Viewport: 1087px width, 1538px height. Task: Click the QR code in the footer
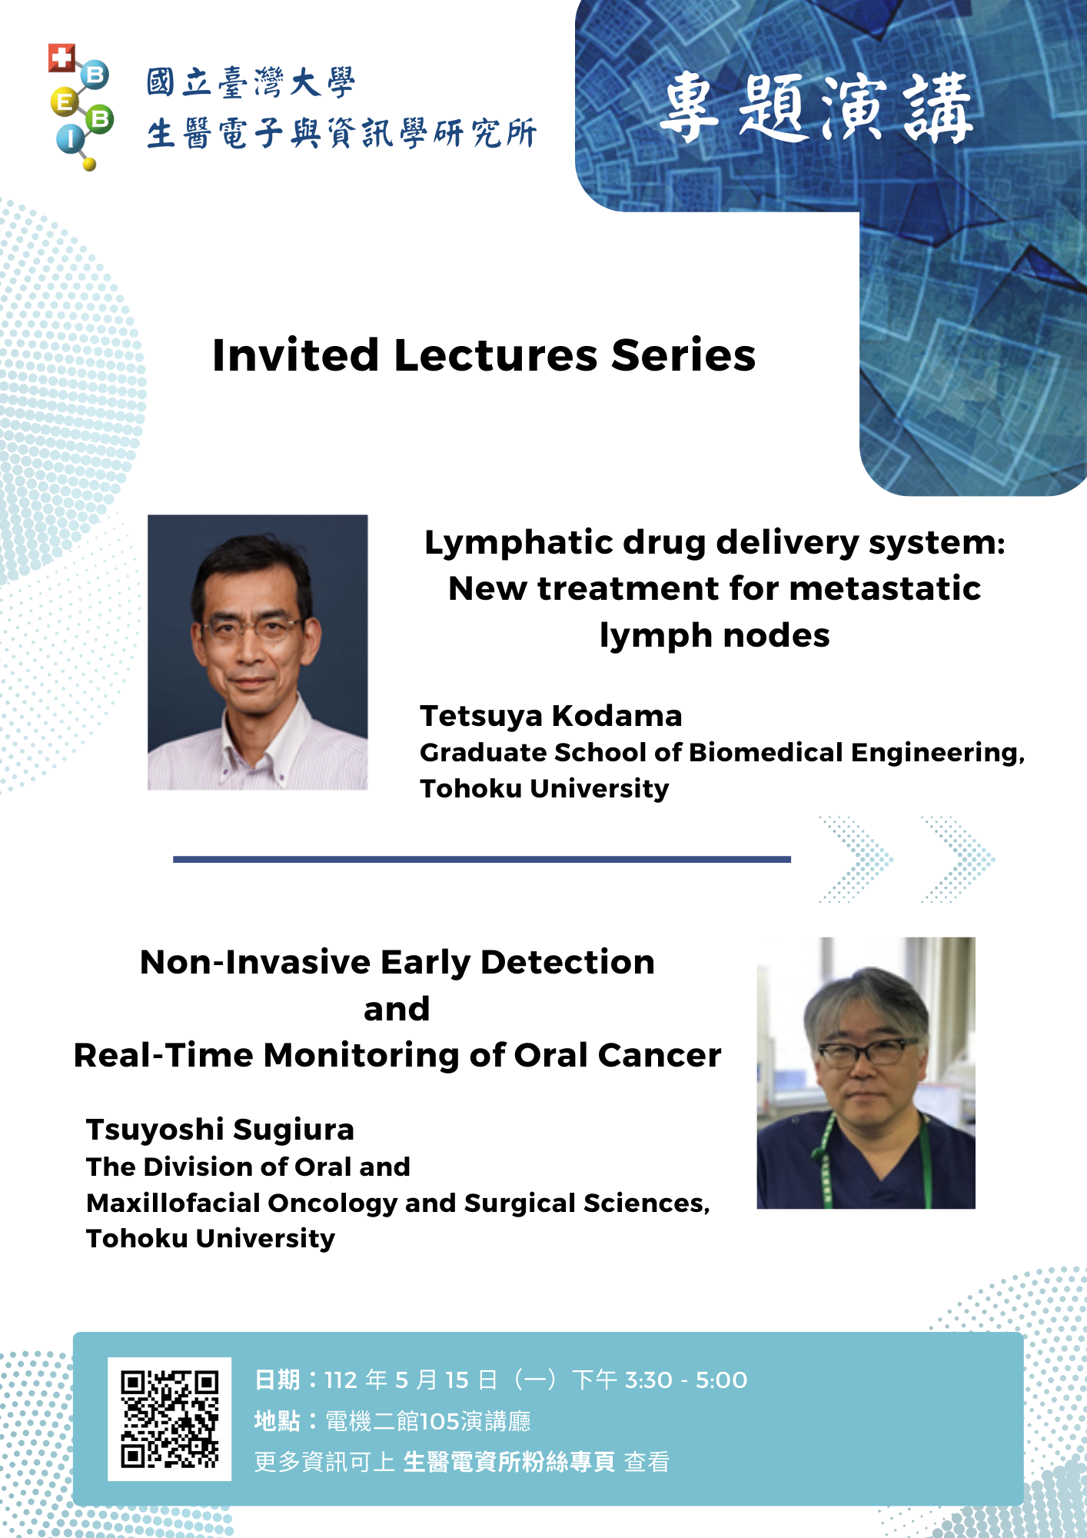(169, 1419)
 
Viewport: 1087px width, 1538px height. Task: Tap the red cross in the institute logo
(61, 58)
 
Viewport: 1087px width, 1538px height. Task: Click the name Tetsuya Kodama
(550, 716)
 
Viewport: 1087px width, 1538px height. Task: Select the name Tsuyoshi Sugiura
(220, 1130)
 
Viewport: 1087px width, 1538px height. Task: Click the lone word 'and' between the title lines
(397, 1009)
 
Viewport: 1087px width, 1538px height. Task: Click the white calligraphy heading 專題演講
(816, 108)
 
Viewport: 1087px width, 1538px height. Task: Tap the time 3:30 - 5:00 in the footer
(686, 1380)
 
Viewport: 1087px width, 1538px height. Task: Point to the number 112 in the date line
(341, 1380)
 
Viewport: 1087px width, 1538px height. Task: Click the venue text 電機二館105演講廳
(428, 1421)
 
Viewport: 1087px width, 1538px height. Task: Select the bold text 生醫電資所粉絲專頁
(509, 1462)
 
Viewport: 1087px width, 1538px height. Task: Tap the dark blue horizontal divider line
(482, 859)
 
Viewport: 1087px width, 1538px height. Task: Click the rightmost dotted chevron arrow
(959, 859)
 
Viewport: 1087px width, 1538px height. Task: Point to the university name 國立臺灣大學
(251, 83)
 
